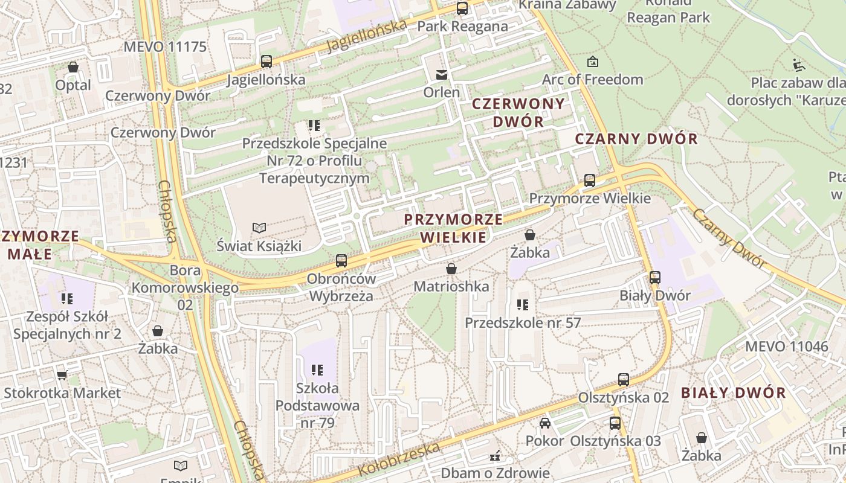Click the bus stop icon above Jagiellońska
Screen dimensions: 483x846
[x=266, y=61]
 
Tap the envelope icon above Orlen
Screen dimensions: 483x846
[x=442, y=75]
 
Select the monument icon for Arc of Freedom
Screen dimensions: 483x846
[x=593, y=61]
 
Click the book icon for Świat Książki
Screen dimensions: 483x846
[x=259, y=228]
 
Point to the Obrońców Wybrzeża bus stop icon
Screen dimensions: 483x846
[x=341, y=261]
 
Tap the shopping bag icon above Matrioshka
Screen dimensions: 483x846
[x=451, y=269]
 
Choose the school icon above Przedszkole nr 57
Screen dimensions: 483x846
[x=523, y=305]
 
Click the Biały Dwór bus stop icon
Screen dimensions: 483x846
[x=655, y=278]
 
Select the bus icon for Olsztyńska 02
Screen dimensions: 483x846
[x=624, y=380]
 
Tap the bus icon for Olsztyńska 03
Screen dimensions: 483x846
[x=615, y=423]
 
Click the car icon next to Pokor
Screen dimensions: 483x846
[x=545, y=423]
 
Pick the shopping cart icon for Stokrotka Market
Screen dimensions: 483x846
[x=62, y=375]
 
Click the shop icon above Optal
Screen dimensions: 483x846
[x=73, y=67]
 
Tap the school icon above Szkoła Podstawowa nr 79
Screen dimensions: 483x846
[x=317, y=369]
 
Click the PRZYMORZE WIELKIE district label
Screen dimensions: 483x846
[x=453, y=228]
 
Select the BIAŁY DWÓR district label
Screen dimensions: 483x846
[x=733, y=392]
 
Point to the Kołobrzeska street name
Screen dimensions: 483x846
[x=399, y=459]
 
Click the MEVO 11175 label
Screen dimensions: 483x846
[x=165, y=47]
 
